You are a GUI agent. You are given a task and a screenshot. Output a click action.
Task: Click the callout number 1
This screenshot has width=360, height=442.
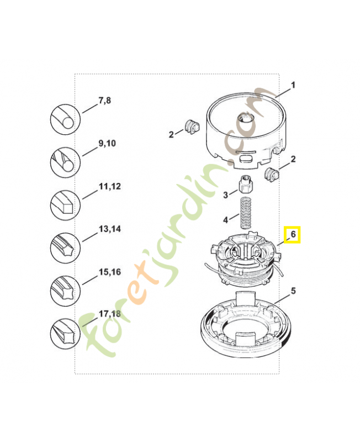click(293, 85)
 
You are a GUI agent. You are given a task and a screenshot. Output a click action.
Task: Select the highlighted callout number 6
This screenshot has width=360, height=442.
click(293, 234)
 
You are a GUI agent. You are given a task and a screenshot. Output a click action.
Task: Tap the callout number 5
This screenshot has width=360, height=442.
click(293, 291)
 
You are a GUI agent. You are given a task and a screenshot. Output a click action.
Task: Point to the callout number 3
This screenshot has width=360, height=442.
click(226, 195)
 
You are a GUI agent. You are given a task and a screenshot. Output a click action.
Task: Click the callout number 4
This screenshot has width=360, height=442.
click(226, 219)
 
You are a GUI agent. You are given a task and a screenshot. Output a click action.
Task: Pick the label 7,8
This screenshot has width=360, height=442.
click(104, 101)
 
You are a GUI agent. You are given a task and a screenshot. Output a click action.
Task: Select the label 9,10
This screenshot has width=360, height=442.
click(107, 144)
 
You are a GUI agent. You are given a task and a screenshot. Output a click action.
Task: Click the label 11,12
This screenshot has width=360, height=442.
click(109, 186)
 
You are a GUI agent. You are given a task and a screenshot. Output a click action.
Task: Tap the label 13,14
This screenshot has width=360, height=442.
click(109, 229)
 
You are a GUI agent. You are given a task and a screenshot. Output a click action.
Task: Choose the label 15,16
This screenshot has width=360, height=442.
click(109, 272)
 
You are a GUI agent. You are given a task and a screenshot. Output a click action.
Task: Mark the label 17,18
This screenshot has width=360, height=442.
click(109, 314)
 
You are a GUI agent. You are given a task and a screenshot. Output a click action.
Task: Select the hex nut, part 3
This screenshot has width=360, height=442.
click(246, 183)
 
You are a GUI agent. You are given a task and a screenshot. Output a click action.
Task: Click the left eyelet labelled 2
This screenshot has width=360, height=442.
click(192, 127)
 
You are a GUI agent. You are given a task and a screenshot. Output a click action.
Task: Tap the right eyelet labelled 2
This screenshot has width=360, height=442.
click(272, 174)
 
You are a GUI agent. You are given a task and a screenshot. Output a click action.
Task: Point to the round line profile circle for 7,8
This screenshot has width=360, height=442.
click(65, 119)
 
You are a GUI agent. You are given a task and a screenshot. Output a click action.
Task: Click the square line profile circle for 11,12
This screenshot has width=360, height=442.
click(65, 205)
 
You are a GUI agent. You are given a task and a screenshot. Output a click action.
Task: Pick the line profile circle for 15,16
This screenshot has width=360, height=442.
click(65, 291)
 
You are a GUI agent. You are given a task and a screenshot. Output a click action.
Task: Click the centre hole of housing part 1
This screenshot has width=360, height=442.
click(245, 117)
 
